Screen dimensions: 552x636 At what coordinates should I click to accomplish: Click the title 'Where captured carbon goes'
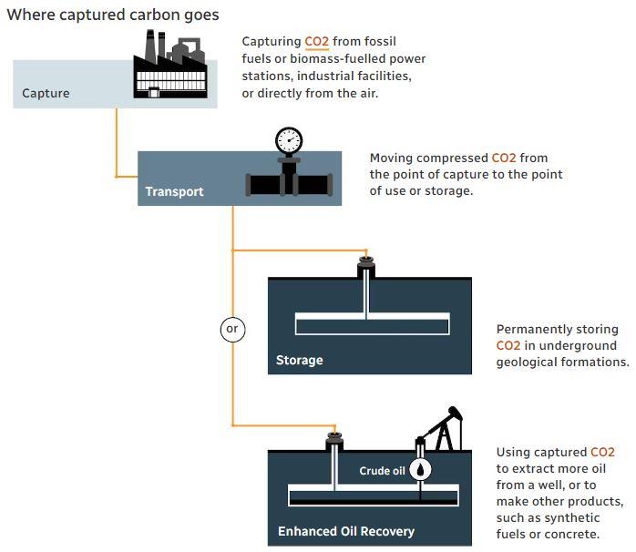113,15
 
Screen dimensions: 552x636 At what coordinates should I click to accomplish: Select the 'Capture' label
46,93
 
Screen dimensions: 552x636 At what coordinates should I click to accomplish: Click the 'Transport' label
174,192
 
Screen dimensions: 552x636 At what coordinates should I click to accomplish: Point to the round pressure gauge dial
289,139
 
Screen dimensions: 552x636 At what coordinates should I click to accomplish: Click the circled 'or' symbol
232,328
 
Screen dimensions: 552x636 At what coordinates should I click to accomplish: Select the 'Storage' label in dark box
299,360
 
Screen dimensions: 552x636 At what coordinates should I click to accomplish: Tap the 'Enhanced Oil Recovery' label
345,531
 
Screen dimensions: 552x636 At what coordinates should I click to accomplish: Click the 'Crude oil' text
382,471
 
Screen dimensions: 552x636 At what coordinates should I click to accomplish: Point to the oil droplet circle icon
420,470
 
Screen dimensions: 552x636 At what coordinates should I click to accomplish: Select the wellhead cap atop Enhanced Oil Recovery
334,442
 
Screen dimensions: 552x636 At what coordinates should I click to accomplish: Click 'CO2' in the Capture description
316,42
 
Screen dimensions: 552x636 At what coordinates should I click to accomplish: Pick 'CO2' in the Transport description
503,158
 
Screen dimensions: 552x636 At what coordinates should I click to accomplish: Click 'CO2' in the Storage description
508,345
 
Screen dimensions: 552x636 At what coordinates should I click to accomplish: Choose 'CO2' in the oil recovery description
602,452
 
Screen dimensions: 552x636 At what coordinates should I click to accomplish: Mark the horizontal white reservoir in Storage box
372,323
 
